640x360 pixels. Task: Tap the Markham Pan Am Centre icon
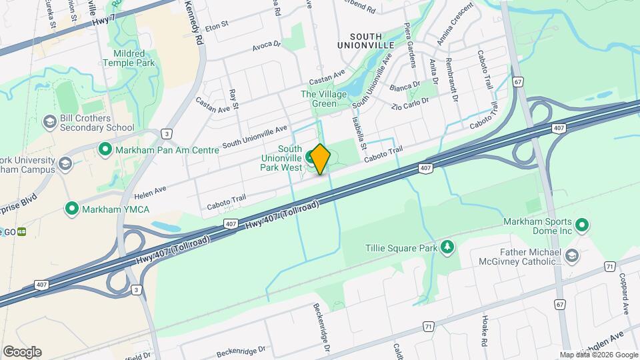(104, 149)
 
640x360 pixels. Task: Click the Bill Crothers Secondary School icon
(49, 122)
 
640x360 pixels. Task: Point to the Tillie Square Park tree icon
(447, 248)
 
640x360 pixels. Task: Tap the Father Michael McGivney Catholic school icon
(571, 256)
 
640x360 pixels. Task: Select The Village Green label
(324, 99)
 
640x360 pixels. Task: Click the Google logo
(22, 351)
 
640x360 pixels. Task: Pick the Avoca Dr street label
(268, 47)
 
